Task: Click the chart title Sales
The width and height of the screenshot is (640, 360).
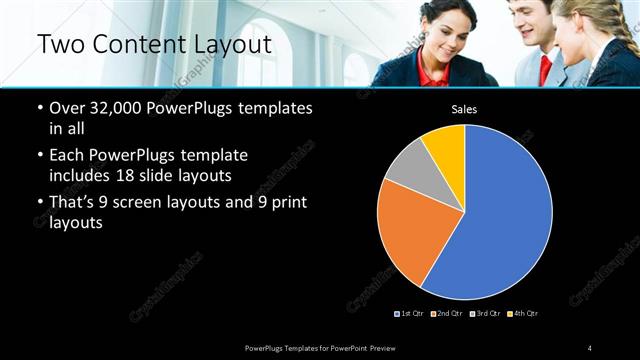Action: (x=464, y=109)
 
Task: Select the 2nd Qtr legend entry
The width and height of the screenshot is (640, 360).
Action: (x=446, y=314)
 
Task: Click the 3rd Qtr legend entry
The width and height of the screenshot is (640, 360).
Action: (x=484, y=314)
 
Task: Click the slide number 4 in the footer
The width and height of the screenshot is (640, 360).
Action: (x=590, y=347)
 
